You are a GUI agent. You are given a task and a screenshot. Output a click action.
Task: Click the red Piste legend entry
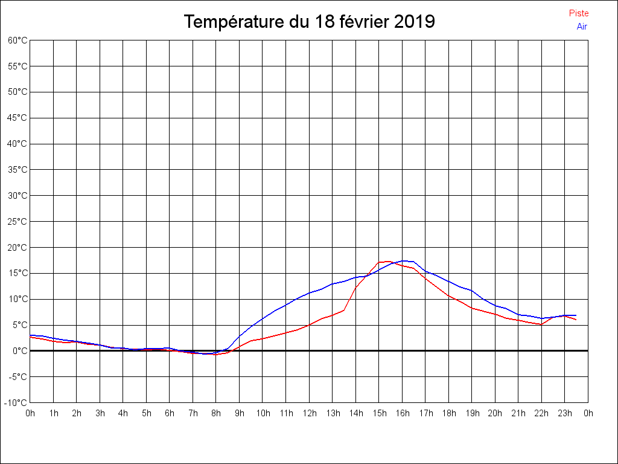pyautogui.click(x=579, y=13)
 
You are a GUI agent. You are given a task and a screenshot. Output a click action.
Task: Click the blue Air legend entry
pyautogui.click(x=582, y=27)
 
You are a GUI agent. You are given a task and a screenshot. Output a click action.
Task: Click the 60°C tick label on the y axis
pyautogui.click(x=18, y=40)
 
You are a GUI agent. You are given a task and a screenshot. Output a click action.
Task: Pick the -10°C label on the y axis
pyautogui.click(x=16, y=403)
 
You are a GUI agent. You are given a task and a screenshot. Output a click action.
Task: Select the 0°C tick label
pyautogui.click(x=20, y=351)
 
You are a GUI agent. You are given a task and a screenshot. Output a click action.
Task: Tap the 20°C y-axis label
pyautogui.click(x=18, y=248)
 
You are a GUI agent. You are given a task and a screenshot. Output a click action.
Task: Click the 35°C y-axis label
pyautogui.click(x=18, y=170)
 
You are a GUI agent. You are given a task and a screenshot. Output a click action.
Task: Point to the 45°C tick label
pyautogui.click(x=18, y=118)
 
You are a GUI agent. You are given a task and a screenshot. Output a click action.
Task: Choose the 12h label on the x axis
pyautogui.click(x=310, y=414)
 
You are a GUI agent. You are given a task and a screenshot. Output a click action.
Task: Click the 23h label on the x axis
pyautogui.click(x=565, y=414)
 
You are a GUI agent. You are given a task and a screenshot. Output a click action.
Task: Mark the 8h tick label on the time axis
pyautogui.click(x=216, y=414)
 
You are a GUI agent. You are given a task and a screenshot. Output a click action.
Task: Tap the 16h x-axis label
pyautogui.click(x=403, y=414)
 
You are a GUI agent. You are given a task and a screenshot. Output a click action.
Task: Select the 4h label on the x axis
pyautogui.click(x=123, y=414)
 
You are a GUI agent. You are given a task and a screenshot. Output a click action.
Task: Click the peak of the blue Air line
pyautogui.click(x=404, y=261)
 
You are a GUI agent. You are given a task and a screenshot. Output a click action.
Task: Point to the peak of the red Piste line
pyautogui.click(x=387, y=261)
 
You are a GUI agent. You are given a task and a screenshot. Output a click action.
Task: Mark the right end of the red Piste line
pyautogui.click(x=576, y=319)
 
